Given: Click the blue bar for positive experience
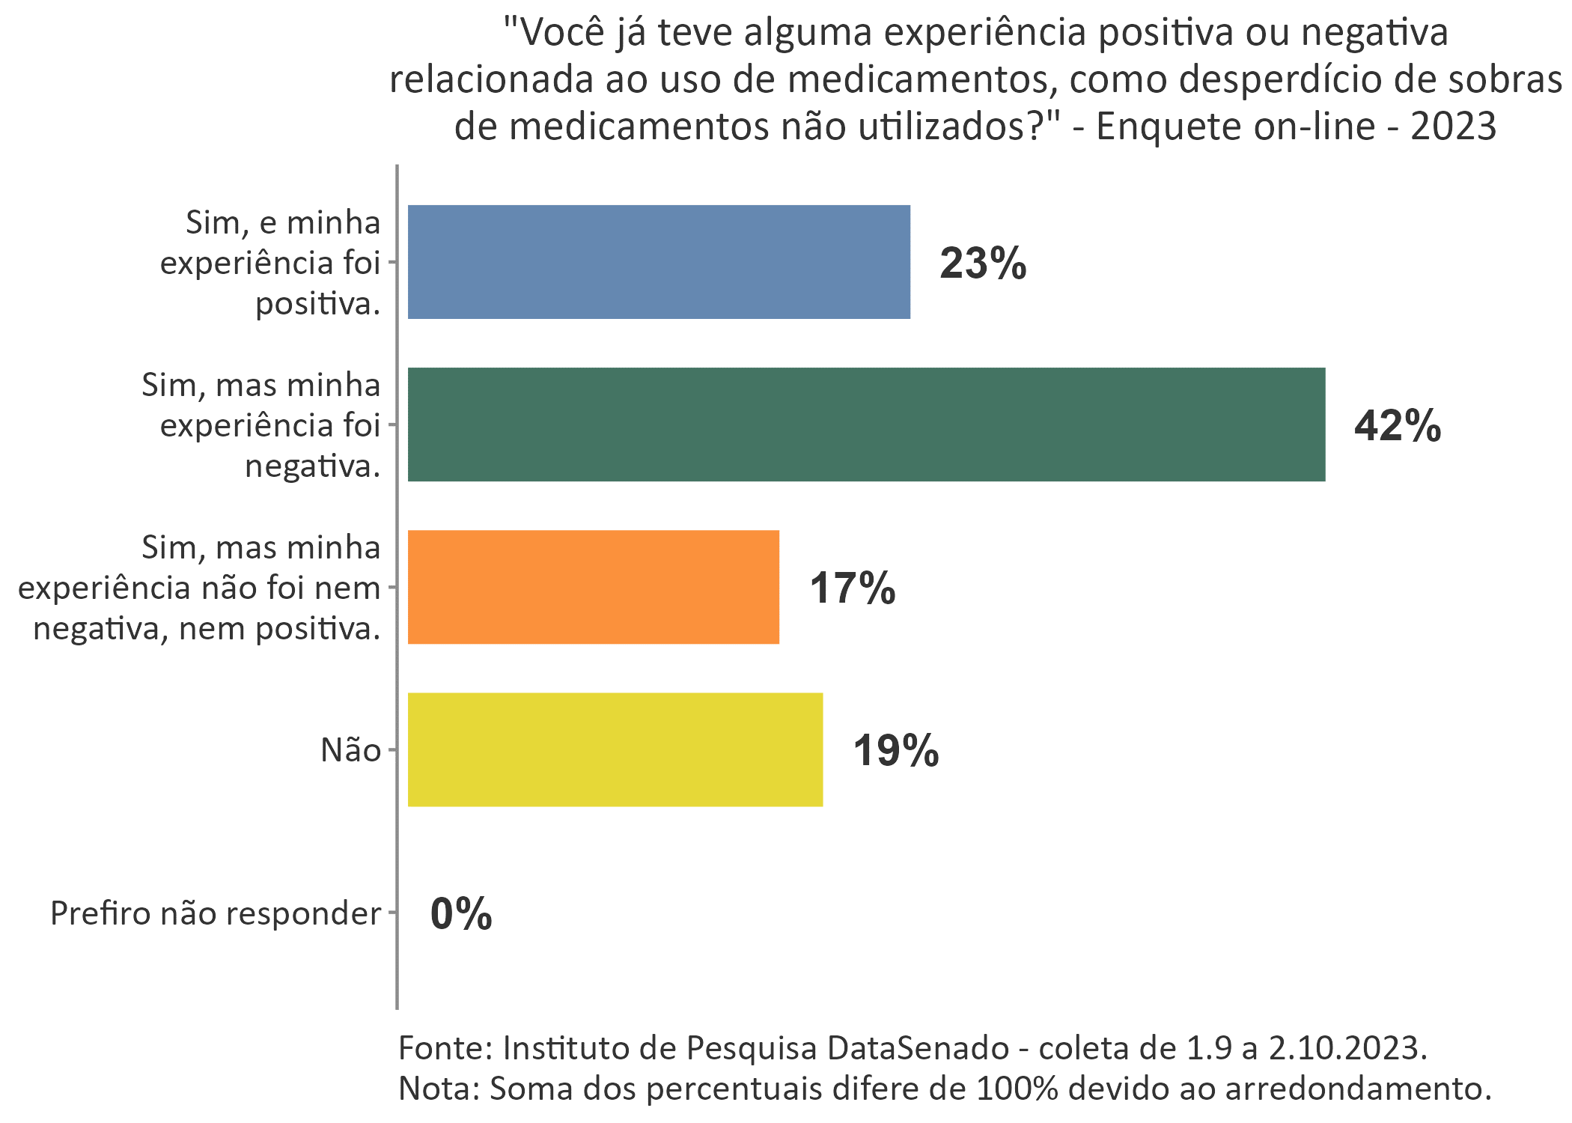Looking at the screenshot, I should [x=659, y=262].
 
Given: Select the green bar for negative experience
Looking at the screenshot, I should [x=866, y=424].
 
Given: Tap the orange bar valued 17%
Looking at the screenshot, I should [x=593, y=587].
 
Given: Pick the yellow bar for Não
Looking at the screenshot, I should [x=615, y=749].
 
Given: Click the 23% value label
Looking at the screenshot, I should [x=983, y=264].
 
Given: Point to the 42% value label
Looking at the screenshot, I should [x=1397, y=426].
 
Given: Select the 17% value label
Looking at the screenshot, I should [x=852, y=588].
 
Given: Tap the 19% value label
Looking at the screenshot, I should [x=895, y=751].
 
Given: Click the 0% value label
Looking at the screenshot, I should [x=461, y=914].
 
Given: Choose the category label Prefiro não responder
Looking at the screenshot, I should [x=216, y=913].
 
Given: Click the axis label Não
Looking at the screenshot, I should [x=350, y=750].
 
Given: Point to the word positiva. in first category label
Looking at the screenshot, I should [x=318, y=304].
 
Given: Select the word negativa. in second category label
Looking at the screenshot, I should [x=313, y=466].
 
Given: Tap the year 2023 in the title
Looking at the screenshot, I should [x=1453, y=126].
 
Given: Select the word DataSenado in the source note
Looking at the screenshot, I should [x=918, y=1047].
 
